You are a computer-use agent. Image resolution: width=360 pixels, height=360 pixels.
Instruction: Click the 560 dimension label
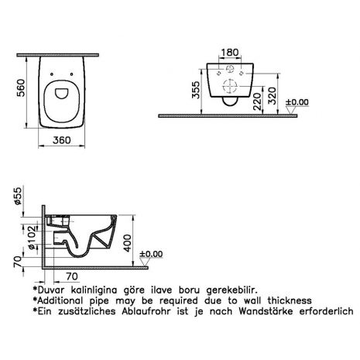click(21, 88)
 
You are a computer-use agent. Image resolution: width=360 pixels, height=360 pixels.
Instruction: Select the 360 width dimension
click(62, 140)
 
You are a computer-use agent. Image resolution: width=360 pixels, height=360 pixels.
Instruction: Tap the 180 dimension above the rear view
click(230, 53)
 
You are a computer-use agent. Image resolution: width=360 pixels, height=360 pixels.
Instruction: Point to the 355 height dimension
click(196, 90)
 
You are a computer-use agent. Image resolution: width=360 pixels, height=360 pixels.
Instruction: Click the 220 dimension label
click(257, 101)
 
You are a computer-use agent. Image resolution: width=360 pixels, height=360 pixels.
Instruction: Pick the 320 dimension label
click(272, 96)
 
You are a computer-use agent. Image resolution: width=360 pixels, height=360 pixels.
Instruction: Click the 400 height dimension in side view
click(127, 243)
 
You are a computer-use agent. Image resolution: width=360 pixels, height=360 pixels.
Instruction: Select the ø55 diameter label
click(19, 195)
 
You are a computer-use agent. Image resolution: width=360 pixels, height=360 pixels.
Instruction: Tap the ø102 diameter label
click(32, 238)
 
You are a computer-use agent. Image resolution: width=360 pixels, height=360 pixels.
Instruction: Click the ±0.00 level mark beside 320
click(297, 102)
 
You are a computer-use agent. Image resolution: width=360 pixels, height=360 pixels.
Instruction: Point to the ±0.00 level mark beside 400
click(151, 254)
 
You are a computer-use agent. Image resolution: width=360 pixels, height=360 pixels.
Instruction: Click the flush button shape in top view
click(62, 94)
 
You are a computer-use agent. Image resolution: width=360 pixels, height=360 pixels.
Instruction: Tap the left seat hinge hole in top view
click(52, 74)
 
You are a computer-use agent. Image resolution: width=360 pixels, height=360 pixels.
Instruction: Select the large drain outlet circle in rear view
click(230, 86)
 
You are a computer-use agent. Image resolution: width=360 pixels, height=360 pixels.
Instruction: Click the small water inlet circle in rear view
click(230, 69)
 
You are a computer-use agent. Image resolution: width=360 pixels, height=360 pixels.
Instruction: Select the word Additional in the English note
click(60, 300)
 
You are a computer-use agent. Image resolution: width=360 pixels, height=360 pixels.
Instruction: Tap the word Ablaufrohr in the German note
click(146, 311)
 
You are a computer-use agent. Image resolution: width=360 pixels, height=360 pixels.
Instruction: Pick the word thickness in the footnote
click(290, 300)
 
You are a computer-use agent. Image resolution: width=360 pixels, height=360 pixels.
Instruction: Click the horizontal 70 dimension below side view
click(72, 276)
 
